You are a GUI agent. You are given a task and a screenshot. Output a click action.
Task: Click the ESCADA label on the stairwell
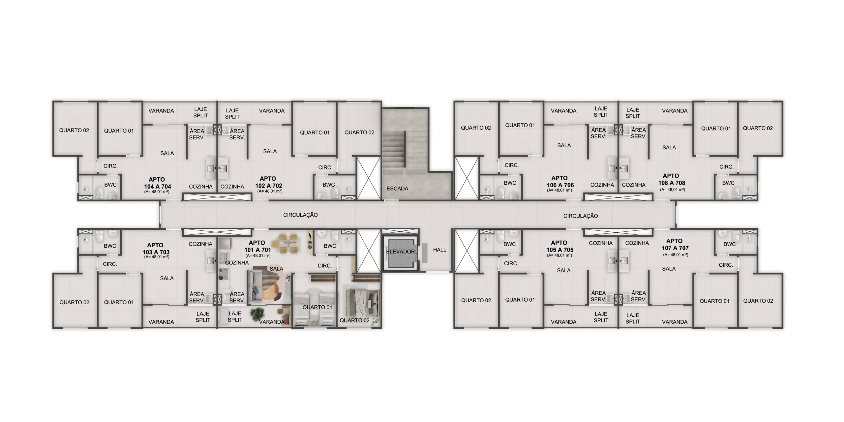click(397, 189)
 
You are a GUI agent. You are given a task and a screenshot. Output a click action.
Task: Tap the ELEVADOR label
click(401, 252)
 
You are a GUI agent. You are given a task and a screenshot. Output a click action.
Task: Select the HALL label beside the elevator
click(439, 250)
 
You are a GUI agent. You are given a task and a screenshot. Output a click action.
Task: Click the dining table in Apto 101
click(288, 243)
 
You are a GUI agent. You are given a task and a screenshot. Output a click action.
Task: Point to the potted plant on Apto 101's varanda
click(257, 314)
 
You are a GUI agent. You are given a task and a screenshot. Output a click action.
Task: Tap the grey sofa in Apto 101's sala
click(255, 286)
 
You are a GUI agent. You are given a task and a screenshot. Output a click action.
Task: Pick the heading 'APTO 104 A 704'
click(157, 183)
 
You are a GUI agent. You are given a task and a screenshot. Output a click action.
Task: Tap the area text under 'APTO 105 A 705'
click(559, 255)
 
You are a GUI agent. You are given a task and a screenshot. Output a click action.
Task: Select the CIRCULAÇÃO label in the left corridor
click(300, 215)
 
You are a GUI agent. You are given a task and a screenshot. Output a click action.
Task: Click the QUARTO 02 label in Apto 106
click(476, 128)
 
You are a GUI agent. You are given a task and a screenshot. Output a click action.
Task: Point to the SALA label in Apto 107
click(669, 269)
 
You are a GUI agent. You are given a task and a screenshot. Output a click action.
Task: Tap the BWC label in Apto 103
click(110, 246)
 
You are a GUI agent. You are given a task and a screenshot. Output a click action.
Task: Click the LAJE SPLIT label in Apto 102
click(232, 114)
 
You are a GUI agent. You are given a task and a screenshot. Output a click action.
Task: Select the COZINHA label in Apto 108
click(634, 185)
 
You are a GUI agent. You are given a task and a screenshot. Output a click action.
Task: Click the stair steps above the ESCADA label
click(394, 150)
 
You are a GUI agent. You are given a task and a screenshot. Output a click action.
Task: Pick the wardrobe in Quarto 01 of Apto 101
click(323, 278)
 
